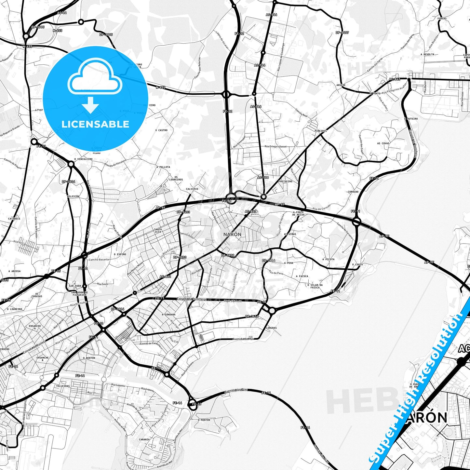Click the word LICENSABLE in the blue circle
(95, 124)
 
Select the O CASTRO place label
(161, 130)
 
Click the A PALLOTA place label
(163, 167)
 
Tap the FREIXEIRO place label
(285, 181)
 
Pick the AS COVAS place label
(383, 143)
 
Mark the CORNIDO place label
(353, 192)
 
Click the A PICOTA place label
(328, 259)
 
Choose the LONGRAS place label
(271, 328)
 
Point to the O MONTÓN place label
(204, 420)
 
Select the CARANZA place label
(144, 439)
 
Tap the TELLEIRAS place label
(63, 386)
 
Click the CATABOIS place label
(14, 219)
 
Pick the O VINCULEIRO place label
(83, 159)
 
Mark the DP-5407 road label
(342, 33)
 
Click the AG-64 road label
(62, 13)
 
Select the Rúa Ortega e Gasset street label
(275, 146)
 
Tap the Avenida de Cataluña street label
(150, 344)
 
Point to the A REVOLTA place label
(427, 54)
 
